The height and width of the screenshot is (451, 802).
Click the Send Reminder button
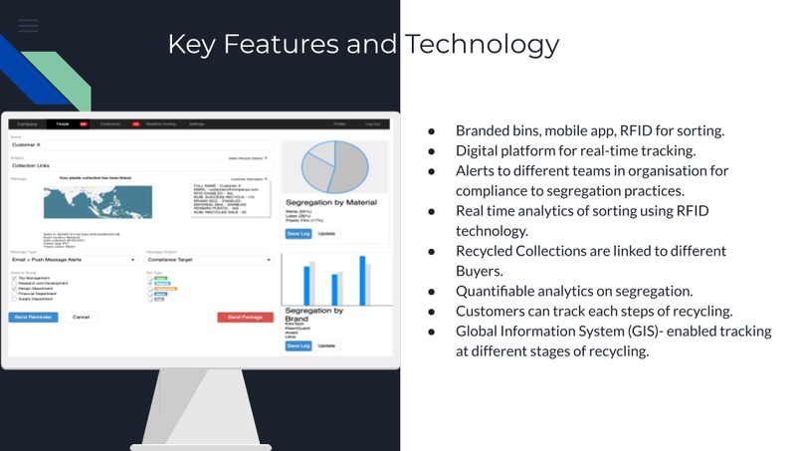click(35, 317)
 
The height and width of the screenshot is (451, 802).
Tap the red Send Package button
click(245, 317)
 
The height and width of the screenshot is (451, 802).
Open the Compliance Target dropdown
click(209, 261)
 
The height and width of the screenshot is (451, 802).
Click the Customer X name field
click(139, 145)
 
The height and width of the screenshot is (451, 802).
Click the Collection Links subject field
click(139, 165)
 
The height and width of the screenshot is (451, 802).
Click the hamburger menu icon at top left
click(28, 25)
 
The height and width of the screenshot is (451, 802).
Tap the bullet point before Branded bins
click(432, 131)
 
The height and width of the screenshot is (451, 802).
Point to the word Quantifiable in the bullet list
click(502, 291)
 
